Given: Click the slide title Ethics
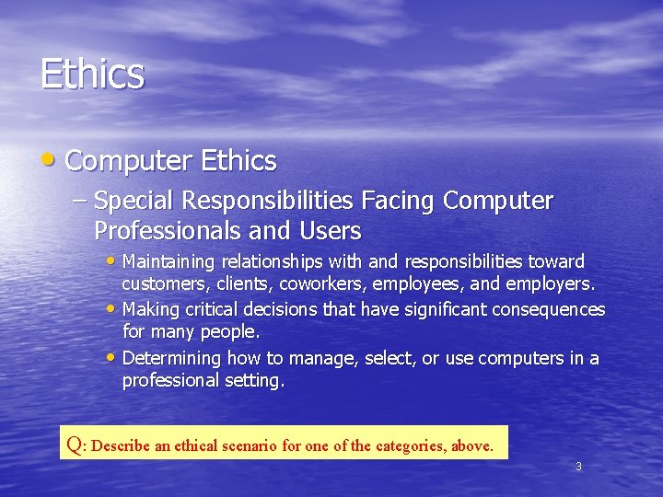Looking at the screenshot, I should click(x=92, y=75).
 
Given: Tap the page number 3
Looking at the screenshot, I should click(x=578, y=467).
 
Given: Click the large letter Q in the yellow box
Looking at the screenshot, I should click(x=73, y=444).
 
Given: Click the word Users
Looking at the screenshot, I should click(x=330, y=230).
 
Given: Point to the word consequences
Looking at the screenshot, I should click(x=552, y=309).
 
